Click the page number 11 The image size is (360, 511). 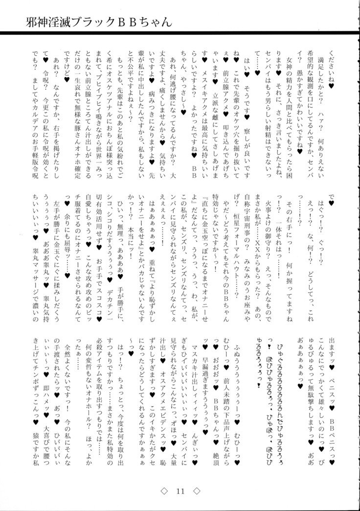click(180, 489)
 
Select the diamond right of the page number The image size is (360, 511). click(196, 489)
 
